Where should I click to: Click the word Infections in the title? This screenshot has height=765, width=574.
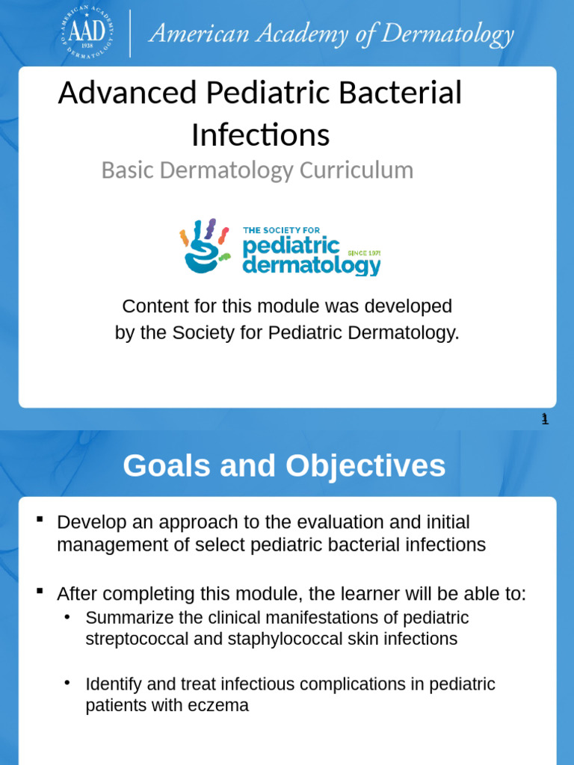point(260,135)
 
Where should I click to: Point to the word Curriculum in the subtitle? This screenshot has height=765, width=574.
point(356,170)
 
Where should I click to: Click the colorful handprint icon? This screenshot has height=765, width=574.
point(206,246)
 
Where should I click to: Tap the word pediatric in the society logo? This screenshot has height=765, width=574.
point(291,247)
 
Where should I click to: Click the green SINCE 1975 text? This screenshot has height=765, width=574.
point(364,253)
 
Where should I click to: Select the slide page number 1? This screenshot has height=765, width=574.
point(546,419)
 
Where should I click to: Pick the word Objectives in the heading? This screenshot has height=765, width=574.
point(365,466)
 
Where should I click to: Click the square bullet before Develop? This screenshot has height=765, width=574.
point(40,520)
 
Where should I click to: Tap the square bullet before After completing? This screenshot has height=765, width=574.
point(40,592)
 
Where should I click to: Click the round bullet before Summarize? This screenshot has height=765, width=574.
point(67,617)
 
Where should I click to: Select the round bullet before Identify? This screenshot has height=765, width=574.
point(67,683)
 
